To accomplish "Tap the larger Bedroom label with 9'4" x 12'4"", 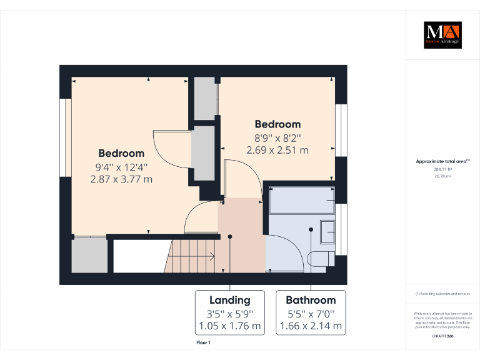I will pyautogui.click(x=121, y=153).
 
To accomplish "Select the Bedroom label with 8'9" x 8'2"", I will pyautogui.click(x=277, y=124).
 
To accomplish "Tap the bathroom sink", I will pyautogui.click(x=327, y=231).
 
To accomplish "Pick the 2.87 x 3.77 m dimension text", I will pyautogui.click(x=121, y=179).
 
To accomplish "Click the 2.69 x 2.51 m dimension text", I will pyautogui.click(x=277, y=150).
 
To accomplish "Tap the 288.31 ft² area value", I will pyautogui.click(x=442, y=169).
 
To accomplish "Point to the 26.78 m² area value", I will pyautogui.click(x=442, y=176).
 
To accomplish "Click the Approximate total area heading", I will pyautogui.click(x=442, y=161).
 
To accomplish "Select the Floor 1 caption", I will pyautogui.click(x=204, y=342).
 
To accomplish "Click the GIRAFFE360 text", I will pyautogui.click(x=442, y=336).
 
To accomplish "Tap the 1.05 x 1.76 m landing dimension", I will pyautogui.click(x=229, y=326).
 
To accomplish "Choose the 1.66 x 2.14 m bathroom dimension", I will pyautogui.click(x=311, y=326).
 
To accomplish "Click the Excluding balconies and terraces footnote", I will pyautogui.click(x=442, y=294).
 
